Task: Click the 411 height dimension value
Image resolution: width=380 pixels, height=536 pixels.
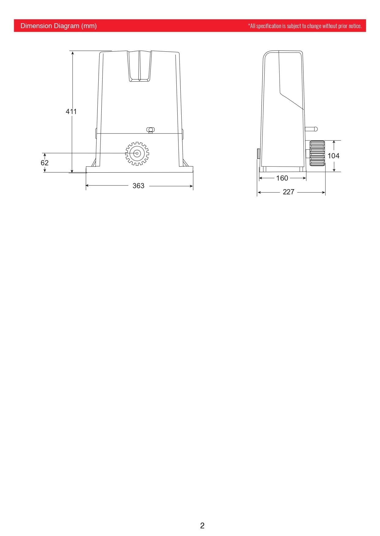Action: [x=71, y=112]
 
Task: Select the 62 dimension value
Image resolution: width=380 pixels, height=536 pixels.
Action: [x=44, y=163]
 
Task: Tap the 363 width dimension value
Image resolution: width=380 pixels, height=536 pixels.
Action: [x=138, y=186]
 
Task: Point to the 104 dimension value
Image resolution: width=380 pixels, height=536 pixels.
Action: [x=333, y=156]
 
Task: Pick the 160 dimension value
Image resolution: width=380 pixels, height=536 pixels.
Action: [x=282, y=178]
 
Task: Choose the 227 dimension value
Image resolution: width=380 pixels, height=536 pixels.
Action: [x=288, y=192]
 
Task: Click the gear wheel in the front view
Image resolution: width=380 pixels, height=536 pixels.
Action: [x=137, y=153]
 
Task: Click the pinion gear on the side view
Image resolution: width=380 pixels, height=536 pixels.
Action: [x=317, y=153]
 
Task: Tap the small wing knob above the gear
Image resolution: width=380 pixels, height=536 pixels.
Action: [x=150, y=130]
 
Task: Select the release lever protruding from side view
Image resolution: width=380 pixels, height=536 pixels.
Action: [x=311, y=129]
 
